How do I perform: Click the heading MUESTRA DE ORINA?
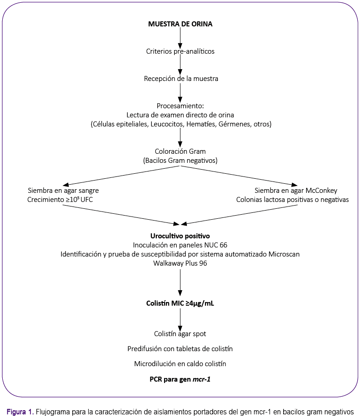click(180, 24)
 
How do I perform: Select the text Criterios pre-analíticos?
click(180, 51)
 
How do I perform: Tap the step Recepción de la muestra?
click(181, 79)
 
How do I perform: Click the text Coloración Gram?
click(180, 151)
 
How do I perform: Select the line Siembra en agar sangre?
click(63, 191)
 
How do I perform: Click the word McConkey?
click(321, 191)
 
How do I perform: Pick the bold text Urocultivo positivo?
click(180, 236)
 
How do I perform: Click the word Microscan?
click(284, 254)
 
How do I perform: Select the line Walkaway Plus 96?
click(180, 263)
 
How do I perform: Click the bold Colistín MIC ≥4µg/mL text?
click(180, 303)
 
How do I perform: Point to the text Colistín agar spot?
click(180, 334)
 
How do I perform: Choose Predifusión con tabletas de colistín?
click(180, 349)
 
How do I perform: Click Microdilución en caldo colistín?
click(180, 363)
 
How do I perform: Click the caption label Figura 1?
click(20, 412)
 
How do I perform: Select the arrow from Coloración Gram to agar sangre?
click(121, 176)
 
